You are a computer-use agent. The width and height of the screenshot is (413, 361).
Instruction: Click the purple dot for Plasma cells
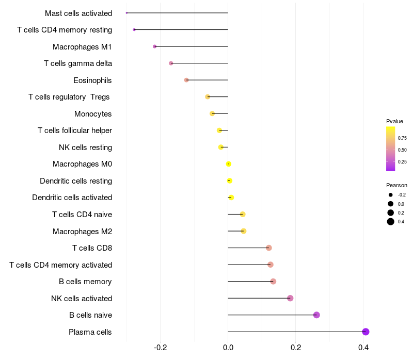(366, 332)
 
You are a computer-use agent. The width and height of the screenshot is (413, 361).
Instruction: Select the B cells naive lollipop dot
(316, 315)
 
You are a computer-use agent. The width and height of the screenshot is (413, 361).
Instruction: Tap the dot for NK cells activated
(290, 298)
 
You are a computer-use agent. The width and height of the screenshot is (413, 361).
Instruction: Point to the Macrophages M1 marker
(154, 46)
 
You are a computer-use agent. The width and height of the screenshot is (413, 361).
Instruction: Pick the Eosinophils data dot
(186, 80)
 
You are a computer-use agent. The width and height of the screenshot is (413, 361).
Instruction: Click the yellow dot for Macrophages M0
(228, 164)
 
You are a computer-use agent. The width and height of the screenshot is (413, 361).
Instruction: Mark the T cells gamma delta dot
(171, 63)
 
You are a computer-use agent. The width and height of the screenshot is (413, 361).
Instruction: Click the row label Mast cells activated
(78, 13)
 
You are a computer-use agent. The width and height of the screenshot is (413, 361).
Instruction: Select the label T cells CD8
(92, 248)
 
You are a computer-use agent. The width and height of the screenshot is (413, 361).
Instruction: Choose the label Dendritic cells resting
(76, 181)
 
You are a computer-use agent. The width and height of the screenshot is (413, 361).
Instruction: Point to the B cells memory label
(86, 282)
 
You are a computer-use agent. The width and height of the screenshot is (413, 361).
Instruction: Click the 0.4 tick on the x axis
(363, 348)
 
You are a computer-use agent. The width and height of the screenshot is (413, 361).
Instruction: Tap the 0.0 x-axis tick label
(228, 348)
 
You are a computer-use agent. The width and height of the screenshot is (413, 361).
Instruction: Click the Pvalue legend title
(394, 121)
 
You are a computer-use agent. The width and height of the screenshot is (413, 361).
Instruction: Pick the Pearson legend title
(396, 185)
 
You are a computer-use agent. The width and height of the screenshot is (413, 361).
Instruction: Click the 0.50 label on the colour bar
(402, 150)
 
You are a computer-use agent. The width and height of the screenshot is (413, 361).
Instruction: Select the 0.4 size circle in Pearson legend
(391, 222)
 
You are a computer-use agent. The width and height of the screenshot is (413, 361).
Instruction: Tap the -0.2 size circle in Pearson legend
(391, 195)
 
